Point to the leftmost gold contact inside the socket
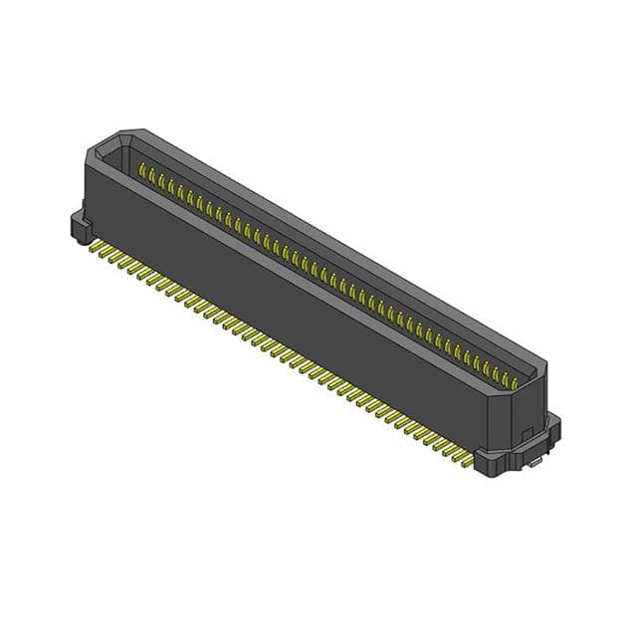click(142, 172)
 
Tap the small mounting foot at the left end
click(78, 226)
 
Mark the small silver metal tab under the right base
click(535, 462)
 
